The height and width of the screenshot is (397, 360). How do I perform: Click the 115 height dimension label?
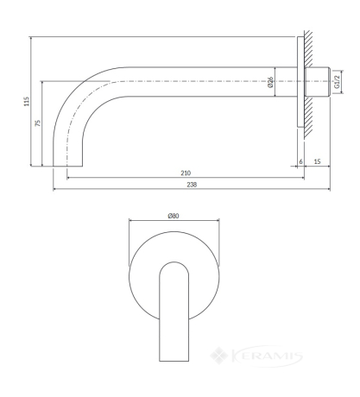point(27,101)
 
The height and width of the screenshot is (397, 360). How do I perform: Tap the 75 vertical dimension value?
point(38,123)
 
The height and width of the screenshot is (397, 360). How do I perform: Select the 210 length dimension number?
point(186,173)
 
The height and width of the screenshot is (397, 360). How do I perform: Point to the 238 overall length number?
point(192,185)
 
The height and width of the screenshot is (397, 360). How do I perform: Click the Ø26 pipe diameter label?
point(270,82)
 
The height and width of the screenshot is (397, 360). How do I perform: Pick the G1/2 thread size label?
point(338,82)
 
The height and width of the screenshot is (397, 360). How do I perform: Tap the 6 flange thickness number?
point(300,161)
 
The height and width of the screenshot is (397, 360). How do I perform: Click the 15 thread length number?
point(317,161)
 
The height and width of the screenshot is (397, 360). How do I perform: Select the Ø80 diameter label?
point(174,216)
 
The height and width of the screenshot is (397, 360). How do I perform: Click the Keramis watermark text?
point(267,356)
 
